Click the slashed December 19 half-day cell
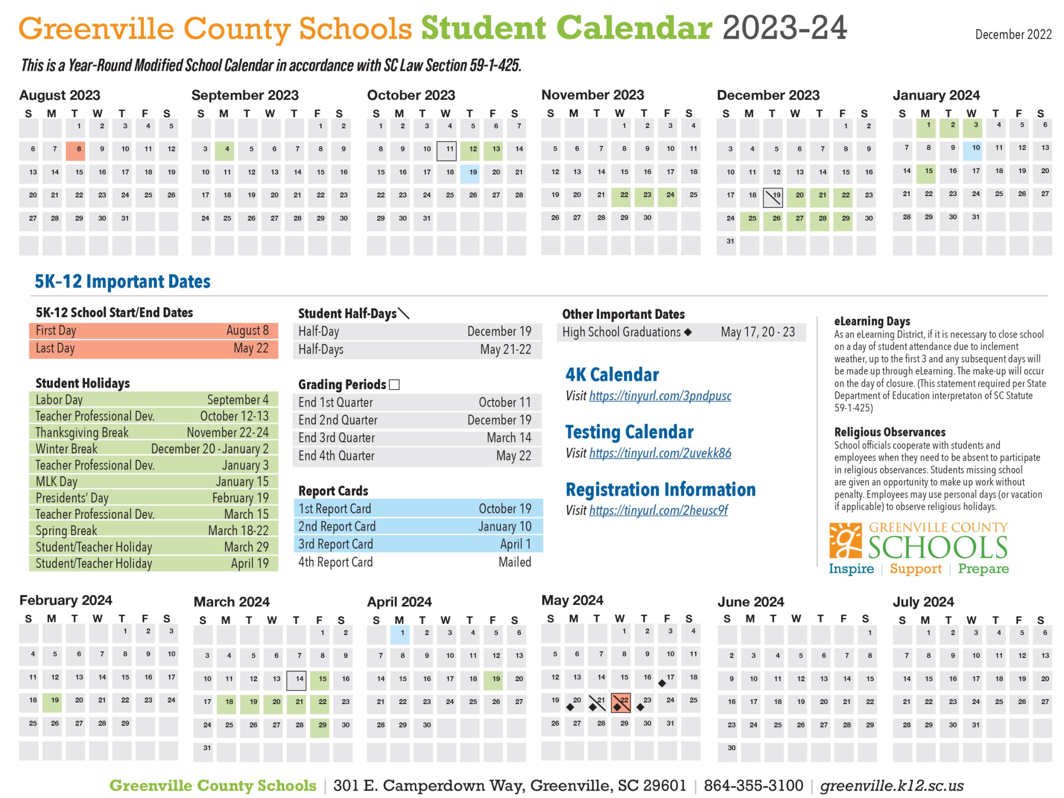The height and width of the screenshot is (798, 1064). [x=773, y=197]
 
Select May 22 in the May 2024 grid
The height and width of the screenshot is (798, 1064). [x=621, y=702]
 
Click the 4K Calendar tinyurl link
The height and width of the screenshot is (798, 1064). [x=660, y=396]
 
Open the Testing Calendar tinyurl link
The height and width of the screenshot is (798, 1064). [x=660, y=453]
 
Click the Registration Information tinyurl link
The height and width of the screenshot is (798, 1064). [x=658, y=511]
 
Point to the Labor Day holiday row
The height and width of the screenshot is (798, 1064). [x=153, y=400]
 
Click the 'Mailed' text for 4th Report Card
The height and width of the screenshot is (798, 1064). [x=515, y=562]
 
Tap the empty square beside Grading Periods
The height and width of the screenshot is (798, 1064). [x=394, y=385]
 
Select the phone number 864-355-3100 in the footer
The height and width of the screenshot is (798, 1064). [x=753, y=785]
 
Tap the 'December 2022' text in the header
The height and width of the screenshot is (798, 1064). [x=1013, y=34]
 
